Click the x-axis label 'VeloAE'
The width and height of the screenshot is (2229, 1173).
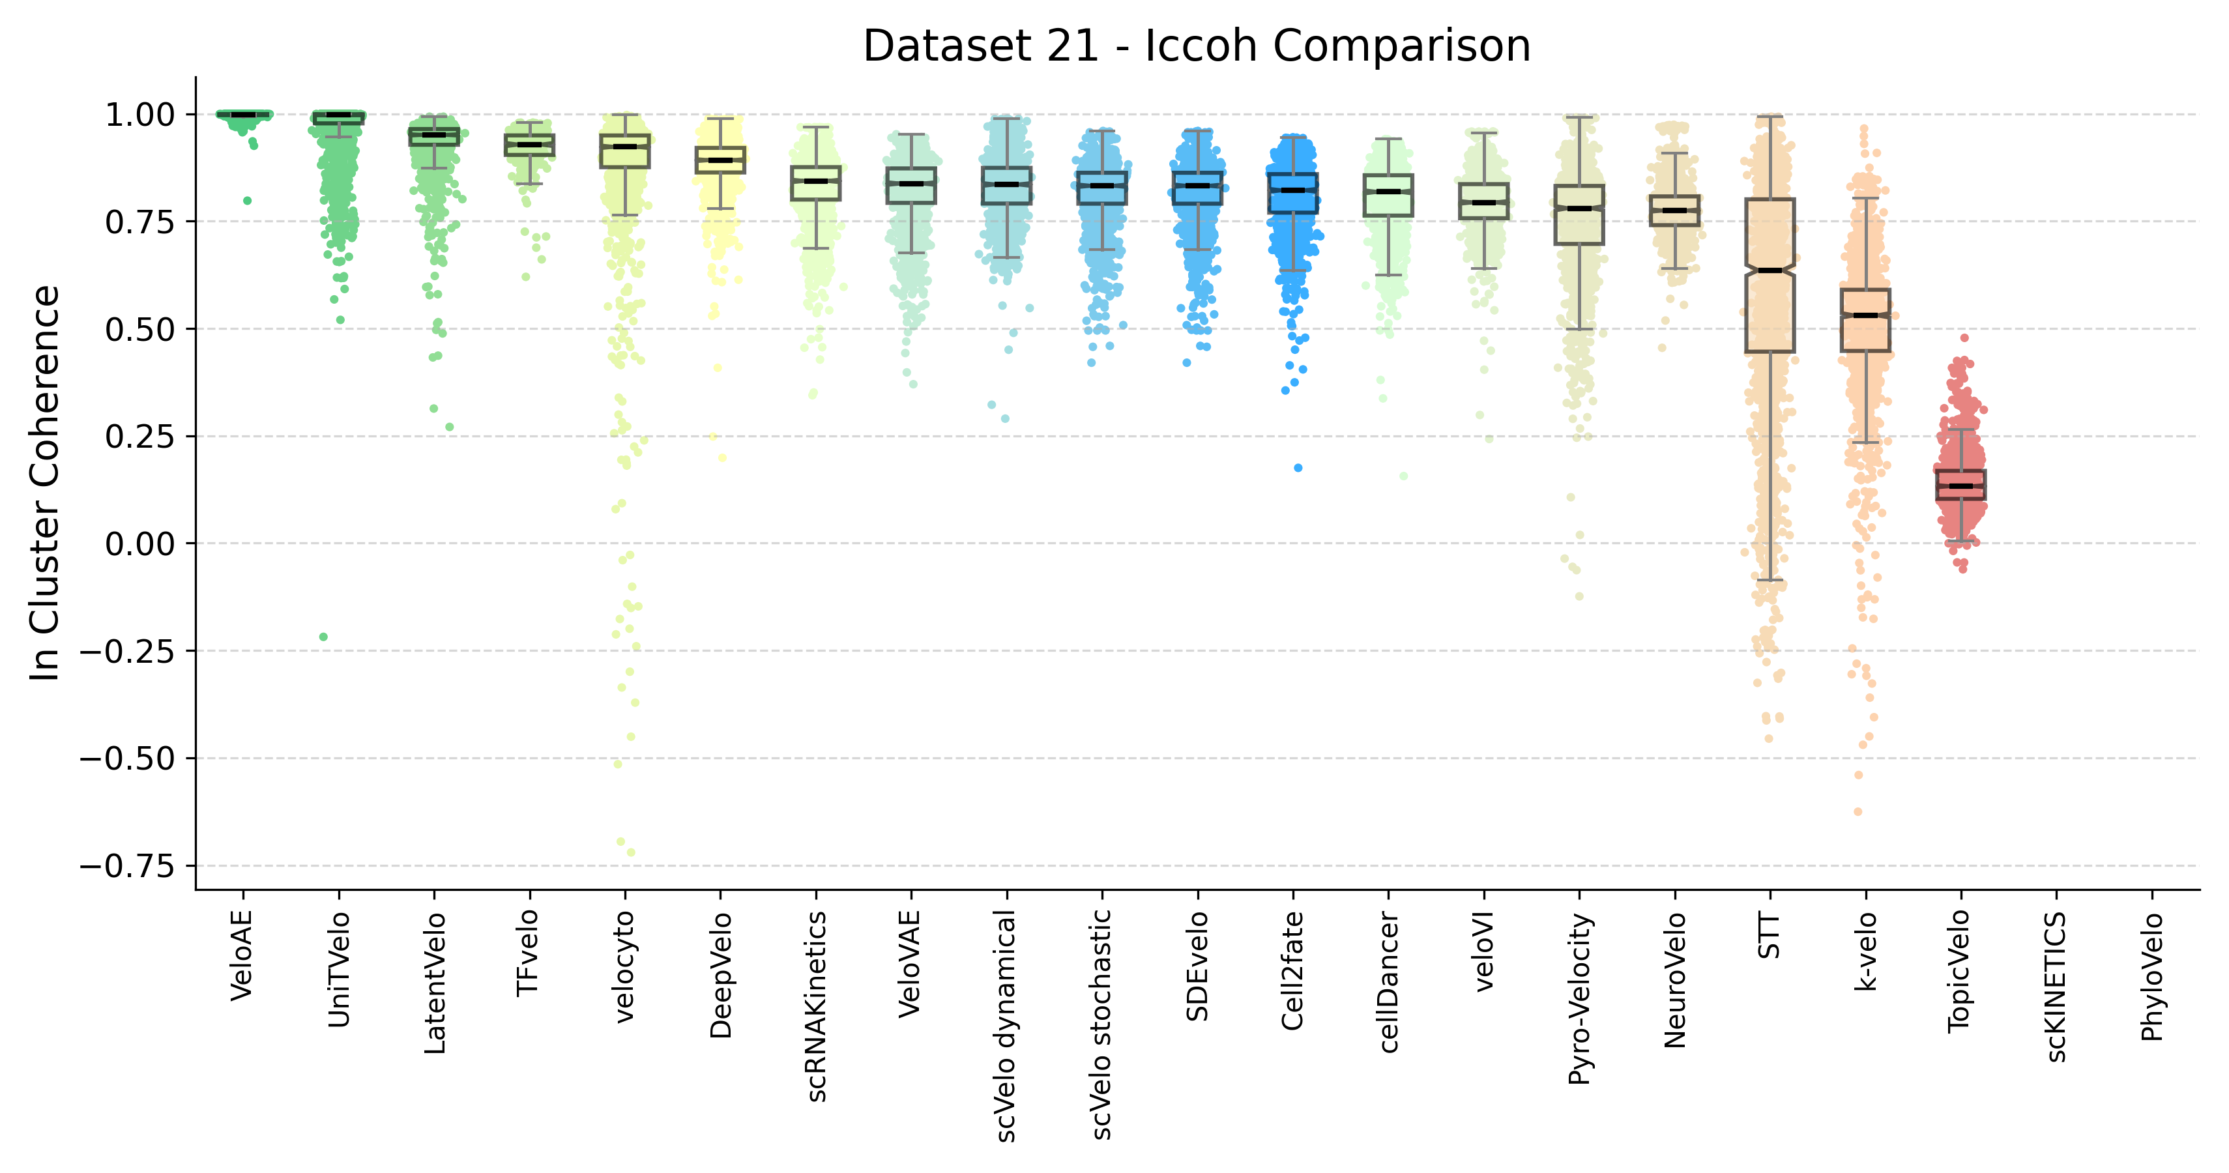242,956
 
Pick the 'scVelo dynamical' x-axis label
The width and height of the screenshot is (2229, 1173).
1006,1025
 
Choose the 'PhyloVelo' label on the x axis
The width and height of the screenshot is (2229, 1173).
2152,977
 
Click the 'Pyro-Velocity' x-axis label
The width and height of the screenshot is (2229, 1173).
1580,999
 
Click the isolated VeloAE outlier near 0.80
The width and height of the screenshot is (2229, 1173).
248,201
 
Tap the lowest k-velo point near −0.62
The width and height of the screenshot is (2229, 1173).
1857,811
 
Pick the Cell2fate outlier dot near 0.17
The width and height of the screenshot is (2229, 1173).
1298,468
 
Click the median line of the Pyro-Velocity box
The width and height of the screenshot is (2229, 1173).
1579,209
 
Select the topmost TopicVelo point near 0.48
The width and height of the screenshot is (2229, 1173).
1964,338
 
